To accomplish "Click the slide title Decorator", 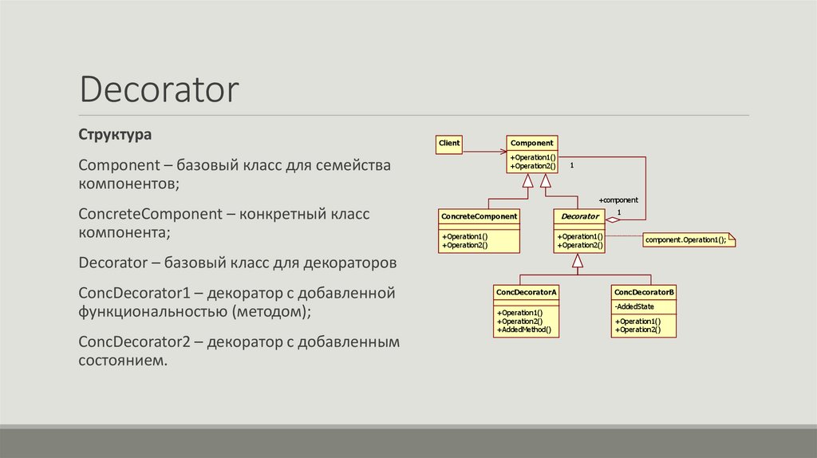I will pos(158,89).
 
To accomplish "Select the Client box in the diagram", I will pos(449,144).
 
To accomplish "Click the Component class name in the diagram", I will pos(532,143).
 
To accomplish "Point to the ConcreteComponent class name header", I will pos(479,215).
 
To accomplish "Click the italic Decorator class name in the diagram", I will pos(579,216).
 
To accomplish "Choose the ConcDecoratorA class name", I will pos(526,292).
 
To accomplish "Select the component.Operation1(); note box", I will pos(687,239).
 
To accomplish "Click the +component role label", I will pos(618,200).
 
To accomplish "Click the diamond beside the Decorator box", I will pos(613,219).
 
